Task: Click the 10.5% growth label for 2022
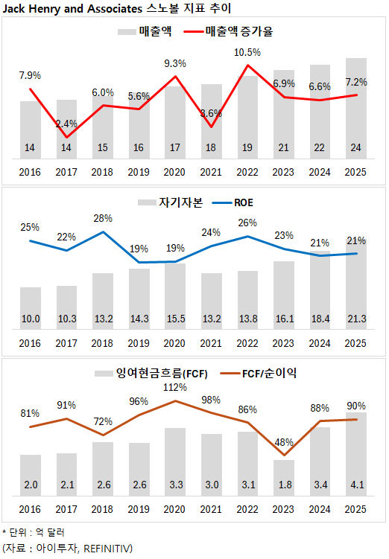pyautogui.click(x=247, y=52)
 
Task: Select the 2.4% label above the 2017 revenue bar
pyautogui.click(x=66, y=123)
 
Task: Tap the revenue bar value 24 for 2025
pyautogui.click(x=356, y=148)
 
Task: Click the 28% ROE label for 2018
pyautogui.click(x=103, y=218)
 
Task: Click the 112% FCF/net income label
pyautogui.click(x=175, y=387)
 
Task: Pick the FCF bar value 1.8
pyautogui.click(x=284, y=485)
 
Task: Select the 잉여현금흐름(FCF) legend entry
pyautogui.click(x=152, y=372)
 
